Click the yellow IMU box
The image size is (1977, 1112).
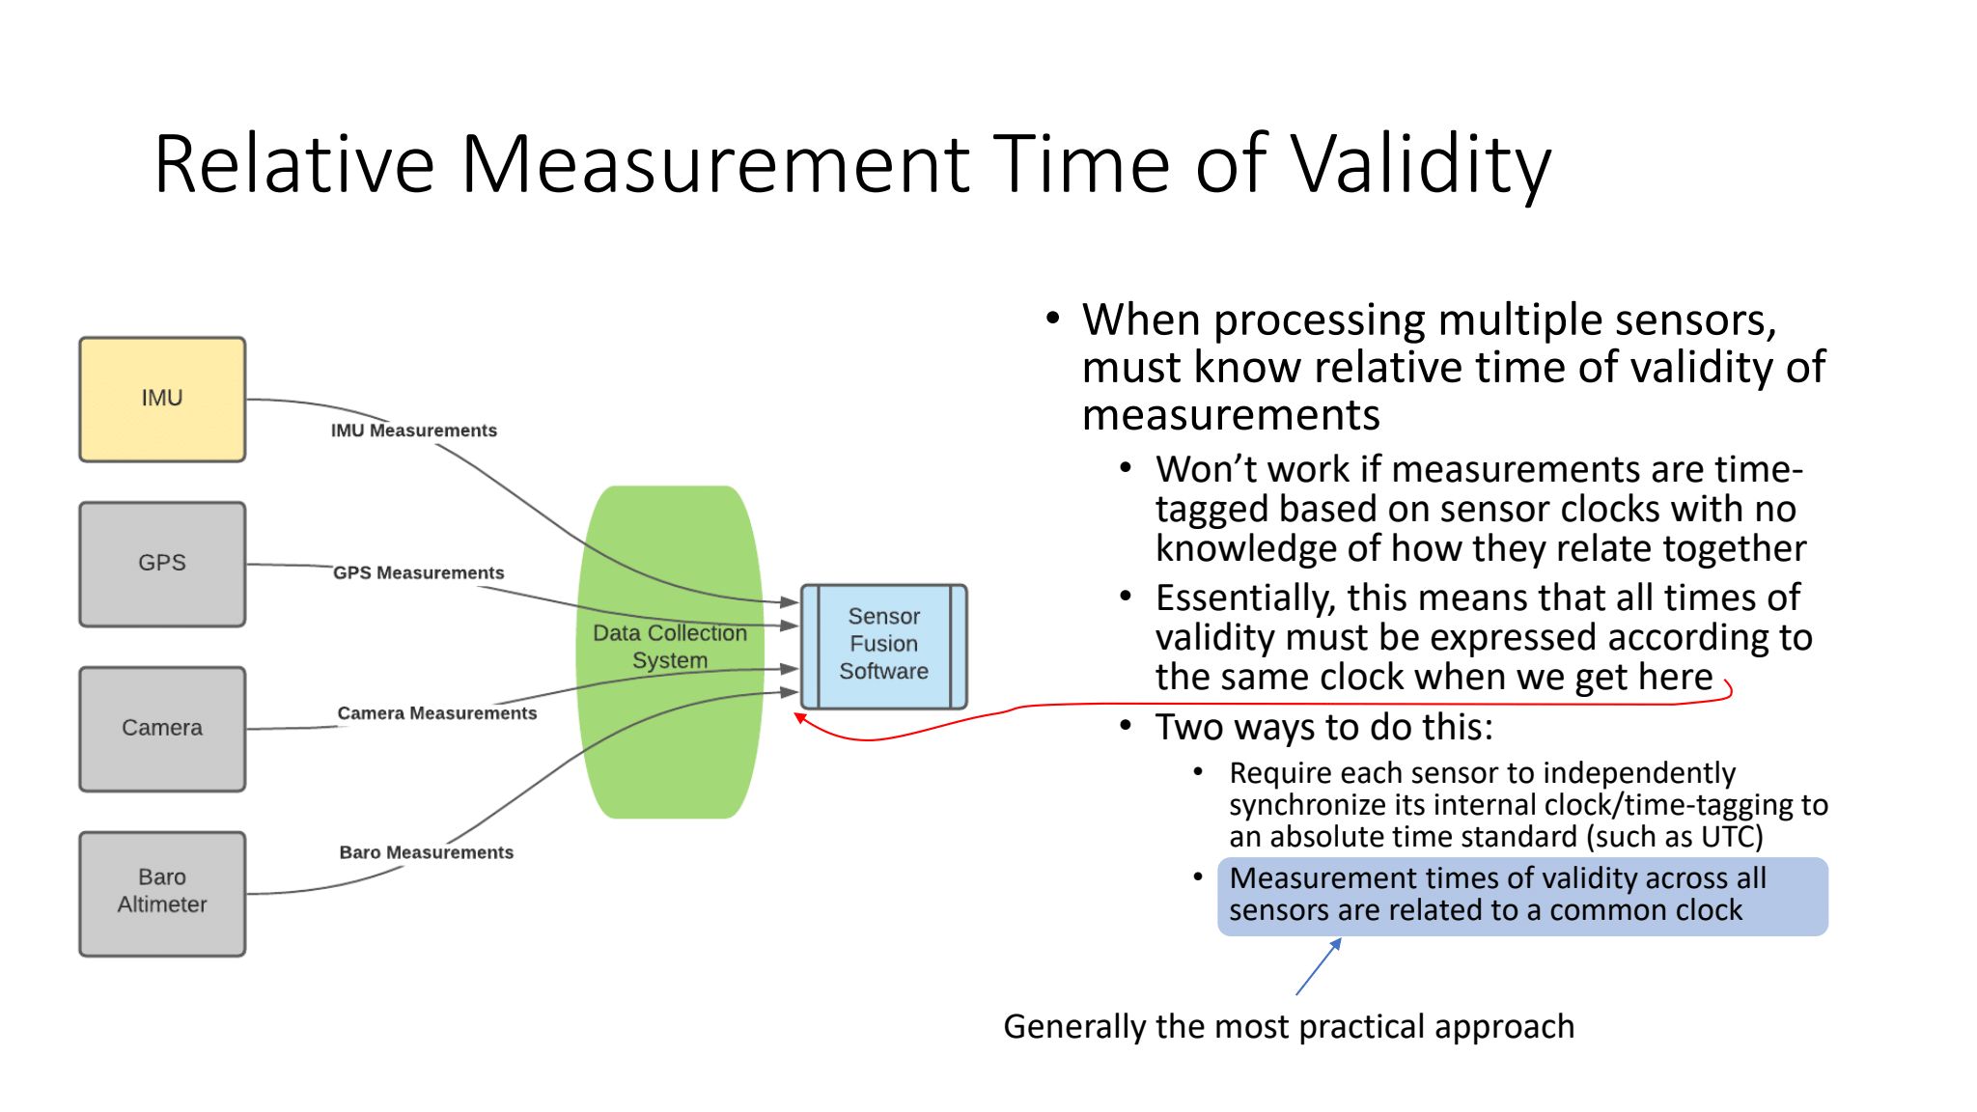162,400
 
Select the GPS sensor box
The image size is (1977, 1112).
162,565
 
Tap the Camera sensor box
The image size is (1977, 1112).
162,730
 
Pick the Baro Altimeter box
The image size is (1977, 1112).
162,895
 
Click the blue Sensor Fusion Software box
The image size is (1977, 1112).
884,647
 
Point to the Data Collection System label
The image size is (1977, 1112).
670,647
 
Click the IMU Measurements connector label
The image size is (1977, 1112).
414,431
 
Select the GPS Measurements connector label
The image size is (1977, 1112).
419,573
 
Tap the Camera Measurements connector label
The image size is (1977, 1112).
437,713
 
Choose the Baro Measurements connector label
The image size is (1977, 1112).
427,852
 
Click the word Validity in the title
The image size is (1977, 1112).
1421,164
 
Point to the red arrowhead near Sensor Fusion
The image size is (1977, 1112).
799,717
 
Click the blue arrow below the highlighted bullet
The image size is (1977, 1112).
1319,966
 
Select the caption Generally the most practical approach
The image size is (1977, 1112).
1289,1026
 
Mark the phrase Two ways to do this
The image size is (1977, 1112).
1323,727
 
